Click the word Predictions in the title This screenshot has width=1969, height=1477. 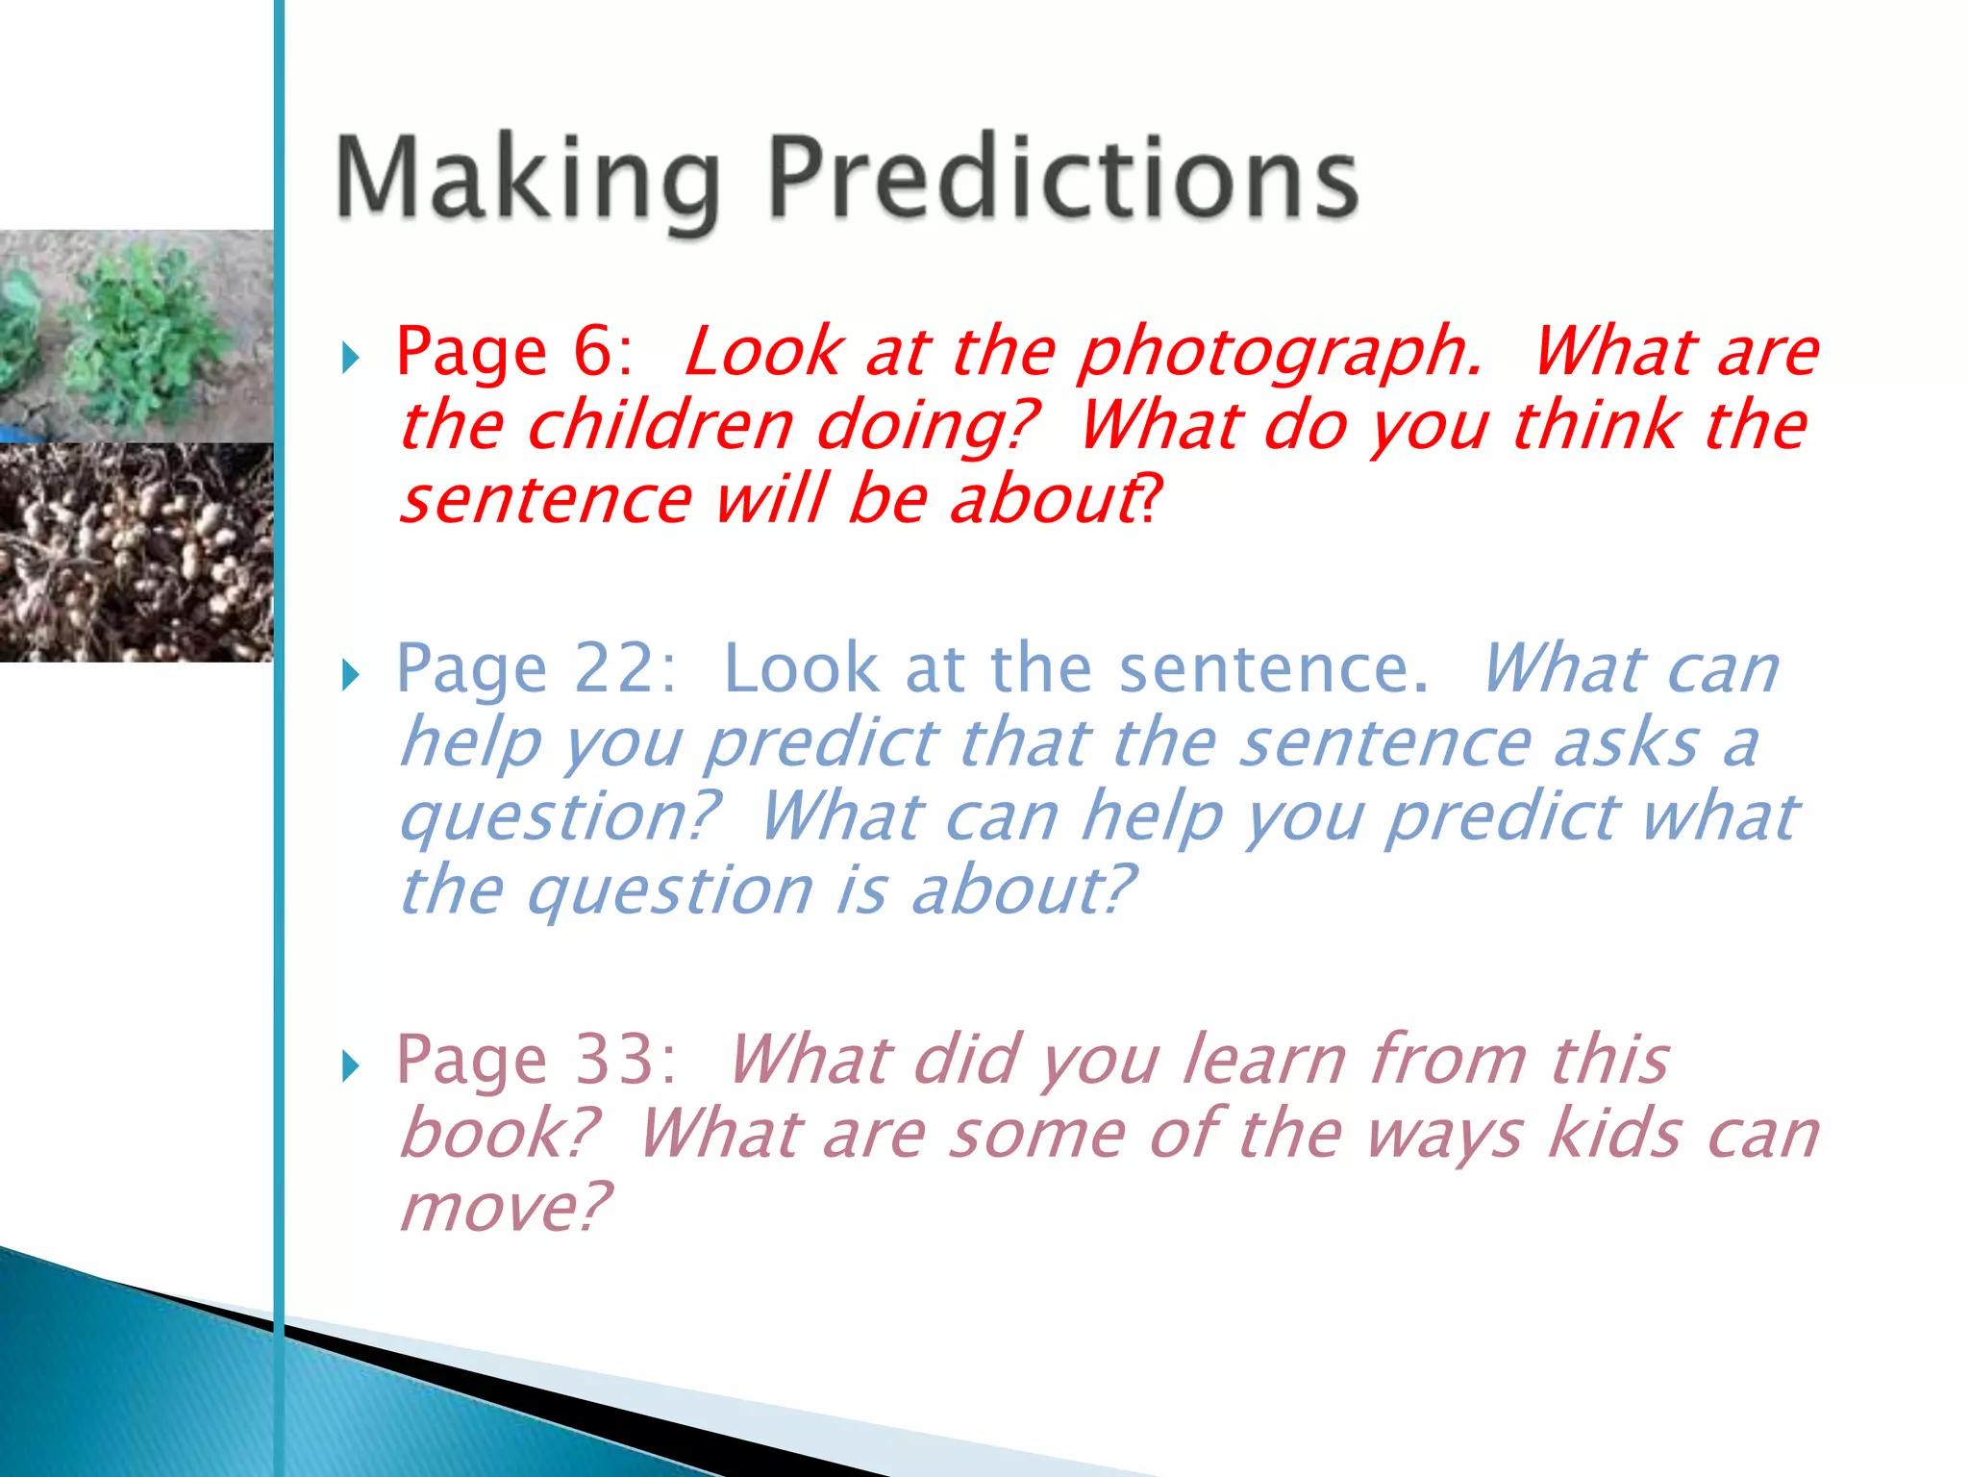1063,179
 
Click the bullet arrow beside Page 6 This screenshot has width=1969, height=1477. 351,358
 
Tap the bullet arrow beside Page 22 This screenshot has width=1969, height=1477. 351,675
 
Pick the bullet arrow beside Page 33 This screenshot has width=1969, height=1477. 351,1065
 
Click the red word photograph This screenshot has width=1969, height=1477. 1279,352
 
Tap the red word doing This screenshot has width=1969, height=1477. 927,427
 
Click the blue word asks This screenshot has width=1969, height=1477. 1625,742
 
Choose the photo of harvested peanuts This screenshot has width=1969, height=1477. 136,552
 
